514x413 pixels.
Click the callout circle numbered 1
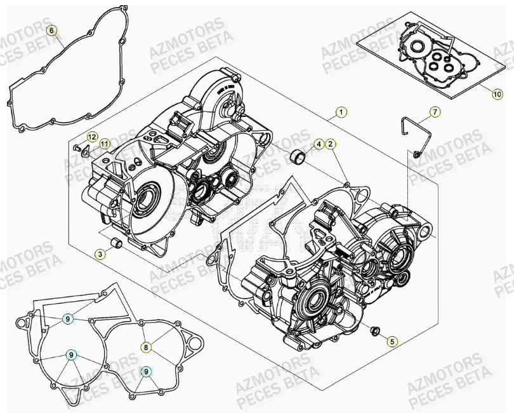341,112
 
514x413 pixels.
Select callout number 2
331,144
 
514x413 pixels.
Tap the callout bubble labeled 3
100,254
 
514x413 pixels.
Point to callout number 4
319,144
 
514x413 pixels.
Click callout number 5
392,342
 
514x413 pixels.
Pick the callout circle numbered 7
435,112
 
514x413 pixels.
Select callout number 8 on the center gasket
146,347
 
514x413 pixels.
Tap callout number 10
498,94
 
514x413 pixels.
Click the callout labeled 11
104,144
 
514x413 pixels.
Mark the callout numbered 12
91,137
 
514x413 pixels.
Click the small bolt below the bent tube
416,154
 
